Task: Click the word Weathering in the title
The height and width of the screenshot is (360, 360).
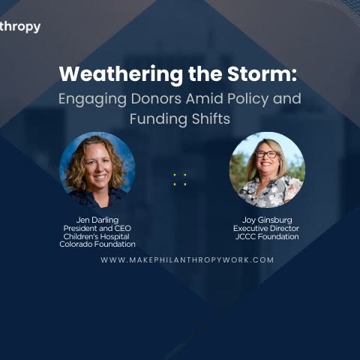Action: [121, 74]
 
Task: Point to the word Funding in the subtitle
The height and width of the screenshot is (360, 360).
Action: [158, 119]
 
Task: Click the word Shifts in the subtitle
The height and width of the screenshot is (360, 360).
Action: [211, 118]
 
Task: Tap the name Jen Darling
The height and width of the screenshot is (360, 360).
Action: [97, 220]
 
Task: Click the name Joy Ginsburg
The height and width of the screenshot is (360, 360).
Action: [267, 220]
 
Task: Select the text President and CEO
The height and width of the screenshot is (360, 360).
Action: [97, 228]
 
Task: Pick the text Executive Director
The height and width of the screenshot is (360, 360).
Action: [266, 228]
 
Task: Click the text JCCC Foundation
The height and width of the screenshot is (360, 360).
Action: [267, 236]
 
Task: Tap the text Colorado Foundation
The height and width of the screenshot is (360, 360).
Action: [97, 244]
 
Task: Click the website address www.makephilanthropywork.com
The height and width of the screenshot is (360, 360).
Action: [187, 259]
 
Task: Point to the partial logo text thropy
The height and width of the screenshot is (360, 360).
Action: [20, 27]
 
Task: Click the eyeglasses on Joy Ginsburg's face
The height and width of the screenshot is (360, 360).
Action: [266, 154]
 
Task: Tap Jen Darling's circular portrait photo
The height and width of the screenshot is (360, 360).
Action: [97, 170]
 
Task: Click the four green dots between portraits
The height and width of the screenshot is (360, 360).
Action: [180, 179]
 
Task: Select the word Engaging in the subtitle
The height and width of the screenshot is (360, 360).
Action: [92, 100]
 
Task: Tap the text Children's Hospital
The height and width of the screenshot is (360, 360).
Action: [97, 236]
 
